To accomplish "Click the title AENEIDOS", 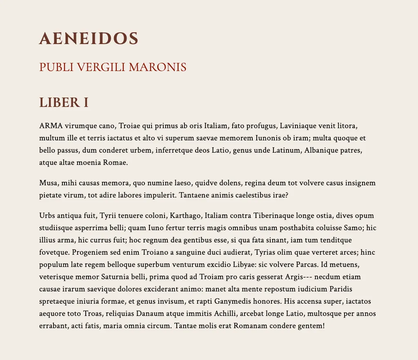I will pyautogui.click(x=89, y=39).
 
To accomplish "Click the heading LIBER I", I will pyautogui.click(x=64, y=102).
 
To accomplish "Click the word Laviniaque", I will pyautogui.click(x=299, y=126).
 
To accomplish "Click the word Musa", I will pyautogui.click(x=48, y=183).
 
